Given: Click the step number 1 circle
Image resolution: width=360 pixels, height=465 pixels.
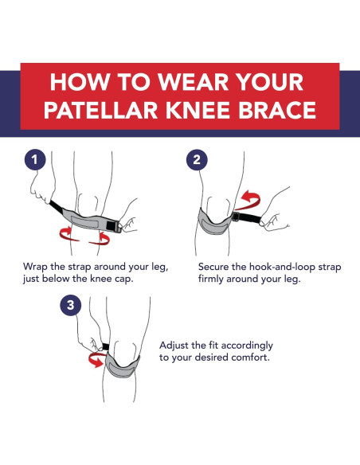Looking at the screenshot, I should click(x=33, y=159).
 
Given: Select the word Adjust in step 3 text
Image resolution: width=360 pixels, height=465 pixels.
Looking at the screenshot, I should click(x=177, y=345).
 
